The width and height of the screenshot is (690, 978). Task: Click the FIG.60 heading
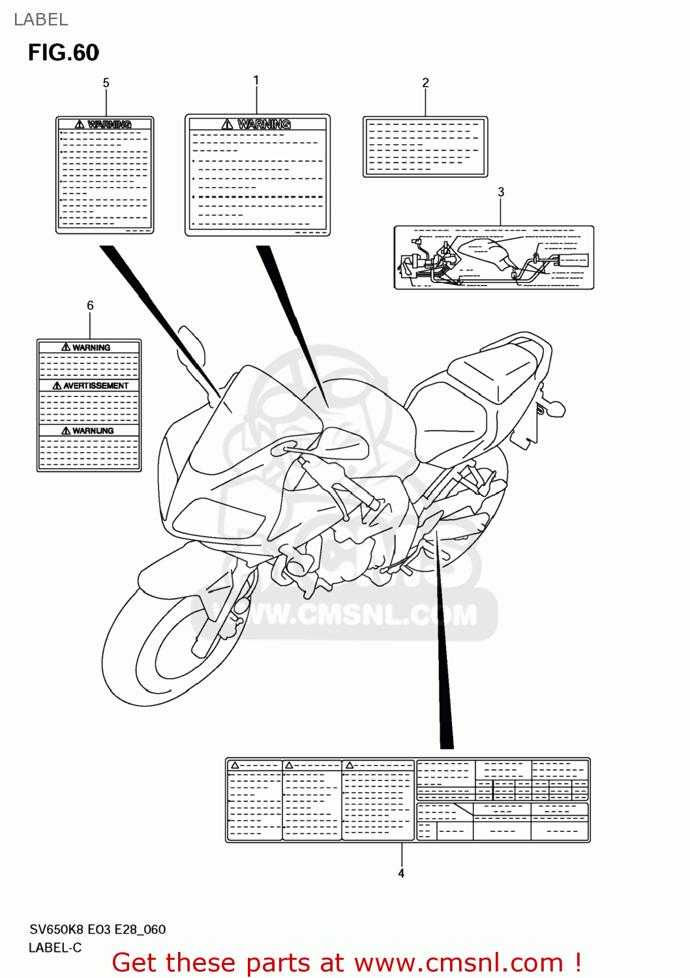63,53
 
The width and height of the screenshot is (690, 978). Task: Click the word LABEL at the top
40,20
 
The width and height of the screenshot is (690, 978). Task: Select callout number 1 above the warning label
256,80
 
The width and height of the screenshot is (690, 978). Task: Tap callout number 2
425,83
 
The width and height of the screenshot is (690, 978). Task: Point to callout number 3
501,192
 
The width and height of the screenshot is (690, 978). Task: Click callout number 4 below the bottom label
401,873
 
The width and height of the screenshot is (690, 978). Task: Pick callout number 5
106,83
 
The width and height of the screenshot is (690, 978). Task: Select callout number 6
90,305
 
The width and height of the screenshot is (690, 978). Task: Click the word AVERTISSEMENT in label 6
95,386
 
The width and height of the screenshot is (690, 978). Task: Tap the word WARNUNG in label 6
92,431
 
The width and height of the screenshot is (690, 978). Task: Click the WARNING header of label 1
263,124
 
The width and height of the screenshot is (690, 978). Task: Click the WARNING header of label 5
109,124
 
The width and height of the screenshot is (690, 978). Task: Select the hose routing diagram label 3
494,258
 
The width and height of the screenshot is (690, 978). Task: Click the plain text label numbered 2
425,147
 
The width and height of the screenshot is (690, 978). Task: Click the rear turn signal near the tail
554,409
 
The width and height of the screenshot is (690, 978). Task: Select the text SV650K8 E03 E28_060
97,929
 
